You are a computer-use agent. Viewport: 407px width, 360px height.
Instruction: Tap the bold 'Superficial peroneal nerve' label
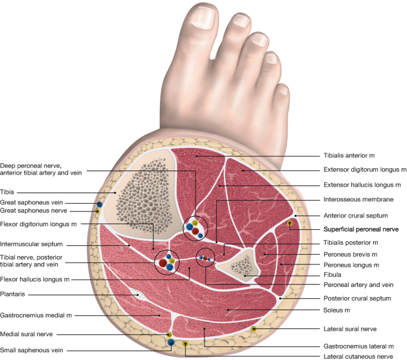coord(359,228)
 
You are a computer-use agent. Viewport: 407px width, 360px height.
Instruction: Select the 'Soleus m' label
coord(337,310)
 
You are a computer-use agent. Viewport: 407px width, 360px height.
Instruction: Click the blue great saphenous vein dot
coord(100,204)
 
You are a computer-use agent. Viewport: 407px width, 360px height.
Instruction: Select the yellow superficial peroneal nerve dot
coord(290,223)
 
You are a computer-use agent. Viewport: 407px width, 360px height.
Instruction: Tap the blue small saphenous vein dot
coord(171,343)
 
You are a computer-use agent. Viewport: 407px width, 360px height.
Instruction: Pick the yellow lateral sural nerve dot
coord(254,329)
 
